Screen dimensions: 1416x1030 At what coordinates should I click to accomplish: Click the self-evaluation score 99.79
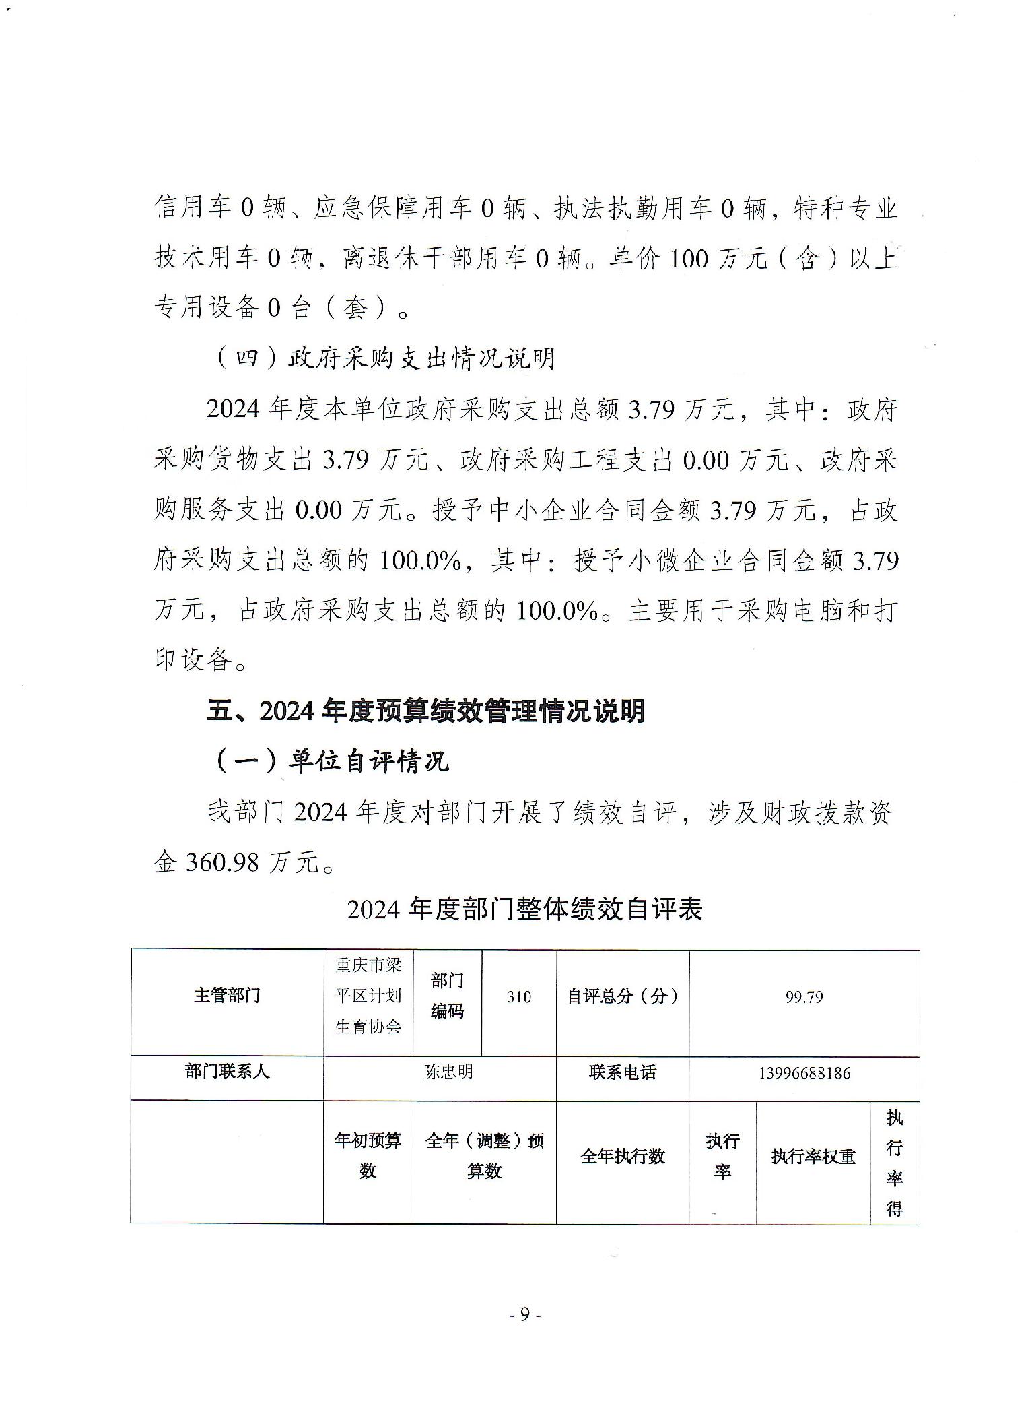(x=804, y=997)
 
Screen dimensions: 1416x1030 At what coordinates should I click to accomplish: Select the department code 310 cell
(x=518, y=997)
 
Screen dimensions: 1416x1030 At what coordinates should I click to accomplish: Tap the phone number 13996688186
(x=804, y=1073)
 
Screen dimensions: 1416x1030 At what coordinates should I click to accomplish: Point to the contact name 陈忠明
(x=448, y=1072)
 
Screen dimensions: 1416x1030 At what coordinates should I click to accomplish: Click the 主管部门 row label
(x=227, y=996)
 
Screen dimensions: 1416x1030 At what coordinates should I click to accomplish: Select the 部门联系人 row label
(x=227, y=1072)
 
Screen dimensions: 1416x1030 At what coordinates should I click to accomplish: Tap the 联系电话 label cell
(x=622, y=1072)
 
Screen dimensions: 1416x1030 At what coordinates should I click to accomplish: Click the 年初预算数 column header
(x=368, y=1155)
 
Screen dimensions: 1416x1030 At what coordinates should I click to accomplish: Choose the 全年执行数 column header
(x=622, y=1157)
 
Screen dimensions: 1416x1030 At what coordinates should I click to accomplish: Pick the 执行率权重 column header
(x=813, y=1157)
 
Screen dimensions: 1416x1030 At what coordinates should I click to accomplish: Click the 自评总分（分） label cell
(x=622, y=996)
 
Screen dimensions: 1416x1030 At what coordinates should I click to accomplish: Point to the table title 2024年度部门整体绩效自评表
(x=524, y=909)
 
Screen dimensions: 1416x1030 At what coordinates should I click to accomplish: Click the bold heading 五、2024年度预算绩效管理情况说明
(x=425, y=711)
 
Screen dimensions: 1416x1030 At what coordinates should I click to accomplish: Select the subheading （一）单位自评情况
(x=331, y=762)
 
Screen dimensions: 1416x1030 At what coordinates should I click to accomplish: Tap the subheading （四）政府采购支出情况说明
(x=384, y=358)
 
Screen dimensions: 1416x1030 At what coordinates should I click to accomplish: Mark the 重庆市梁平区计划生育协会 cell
(x=368, y=996)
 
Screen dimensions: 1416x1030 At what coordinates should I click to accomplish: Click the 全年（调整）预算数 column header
(x=484, y=1155)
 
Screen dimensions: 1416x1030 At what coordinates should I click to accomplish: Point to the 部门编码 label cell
(x=447, y=996)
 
